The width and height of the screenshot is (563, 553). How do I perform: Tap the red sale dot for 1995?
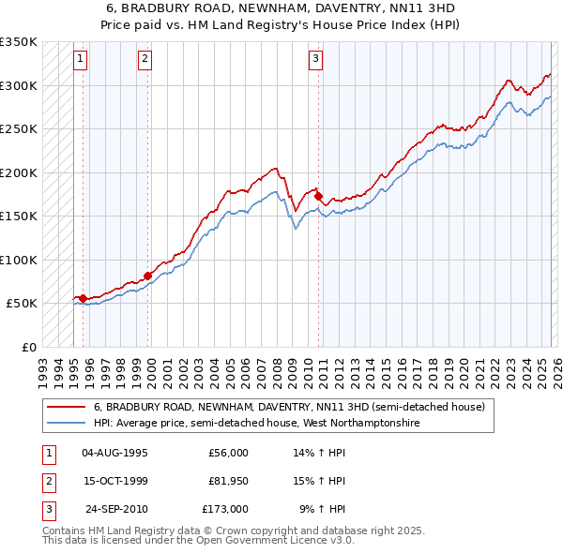(x=84, y=298)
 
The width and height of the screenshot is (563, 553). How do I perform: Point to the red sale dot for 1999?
(x=148, y=276)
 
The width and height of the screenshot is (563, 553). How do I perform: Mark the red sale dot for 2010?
(x=319, y=196)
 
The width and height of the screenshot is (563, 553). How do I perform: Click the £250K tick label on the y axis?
(x=19, y=129)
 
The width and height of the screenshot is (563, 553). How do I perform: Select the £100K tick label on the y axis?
(x=19, y=260)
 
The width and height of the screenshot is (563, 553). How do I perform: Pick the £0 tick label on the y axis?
(x=28, y=347)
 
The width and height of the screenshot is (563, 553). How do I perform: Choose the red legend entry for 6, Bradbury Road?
(x=289, y=408)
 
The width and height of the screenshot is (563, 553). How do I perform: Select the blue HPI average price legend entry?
(x=256, y=424)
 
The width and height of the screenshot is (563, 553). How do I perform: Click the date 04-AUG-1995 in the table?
(x=114, y=453)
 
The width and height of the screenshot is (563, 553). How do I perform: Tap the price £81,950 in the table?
(x=228, y=481)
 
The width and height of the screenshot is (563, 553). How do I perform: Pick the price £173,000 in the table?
(x=225, y=509)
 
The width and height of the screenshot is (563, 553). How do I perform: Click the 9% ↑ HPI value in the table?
(x=322, y=509)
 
